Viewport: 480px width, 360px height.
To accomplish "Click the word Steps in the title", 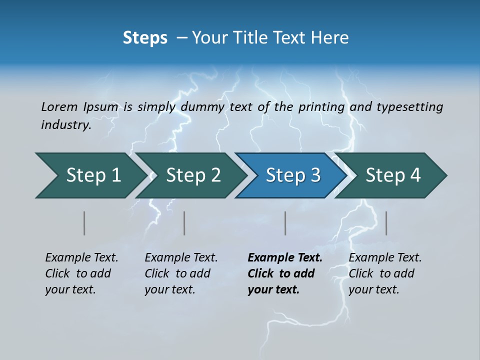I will pos(145,38).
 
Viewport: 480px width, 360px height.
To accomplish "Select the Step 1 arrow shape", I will pos(93,175).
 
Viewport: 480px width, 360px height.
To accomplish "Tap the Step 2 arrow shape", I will pos(193,175).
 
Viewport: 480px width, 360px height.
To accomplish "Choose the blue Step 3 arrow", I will pos(292,175).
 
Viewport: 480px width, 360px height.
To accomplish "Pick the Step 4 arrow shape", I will pos(392,175).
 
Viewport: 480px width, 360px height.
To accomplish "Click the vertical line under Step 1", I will pos(84,223).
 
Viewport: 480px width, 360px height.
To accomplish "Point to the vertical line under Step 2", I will pos(184,223).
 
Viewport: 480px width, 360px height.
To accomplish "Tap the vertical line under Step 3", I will pos(285,223).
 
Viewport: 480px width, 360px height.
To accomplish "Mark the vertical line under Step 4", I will pos(386,223).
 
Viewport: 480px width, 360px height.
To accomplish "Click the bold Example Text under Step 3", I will pos(284,273).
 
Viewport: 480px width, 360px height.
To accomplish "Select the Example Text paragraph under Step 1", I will pos(81,273).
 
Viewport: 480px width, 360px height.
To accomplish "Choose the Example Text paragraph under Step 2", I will pos(181,273).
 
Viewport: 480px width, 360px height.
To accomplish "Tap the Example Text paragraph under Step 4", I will pos(385,273).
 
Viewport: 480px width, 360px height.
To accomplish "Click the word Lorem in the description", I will pos(59,107).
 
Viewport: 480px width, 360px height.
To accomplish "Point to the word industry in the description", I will pos(65,125).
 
